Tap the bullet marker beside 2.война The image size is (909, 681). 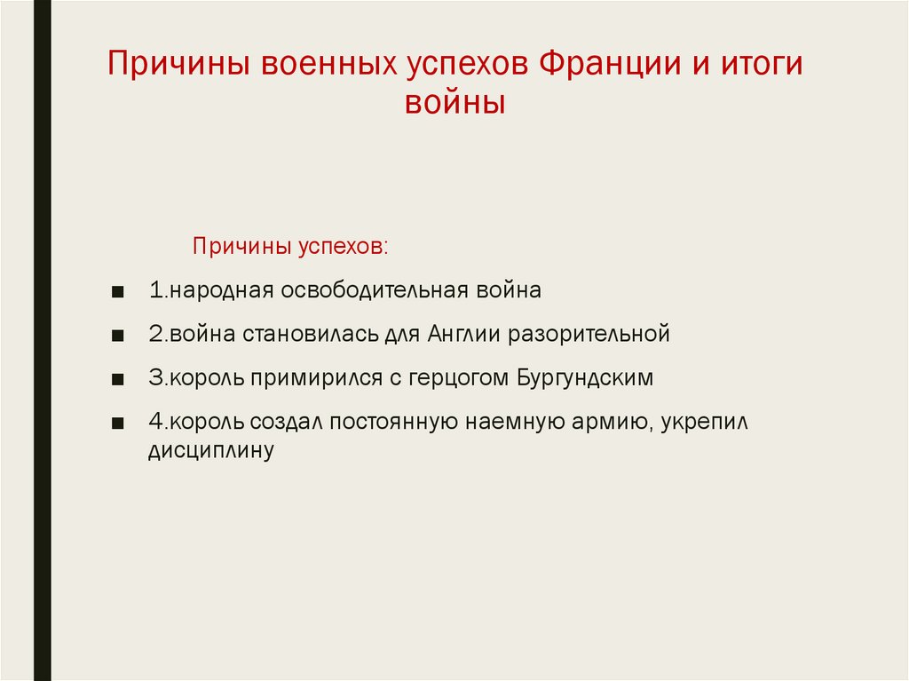point(118,336)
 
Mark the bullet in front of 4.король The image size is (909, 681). point(118,423)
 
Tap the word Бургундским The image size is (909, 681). point(583,378)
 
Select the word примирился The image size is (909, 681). point(319,378)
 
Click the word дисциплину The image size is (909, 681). point(210,450)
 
